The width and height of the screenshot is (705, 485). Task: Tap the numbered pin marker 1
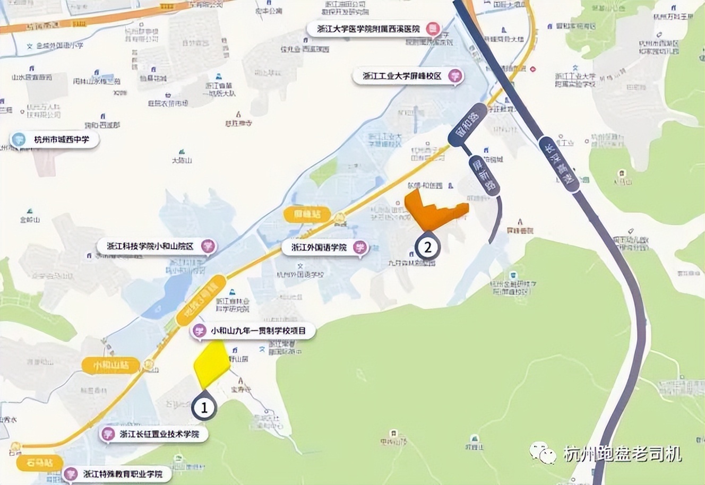pyautogui.click(x=204, y=408)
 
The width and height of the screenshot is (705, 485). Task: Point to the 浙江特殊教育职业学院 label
pyautogui.click(x=119, y=473)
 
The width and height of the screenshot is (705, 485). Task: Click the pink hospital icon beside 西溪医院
pyautogui.click(x=433, y=29)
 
